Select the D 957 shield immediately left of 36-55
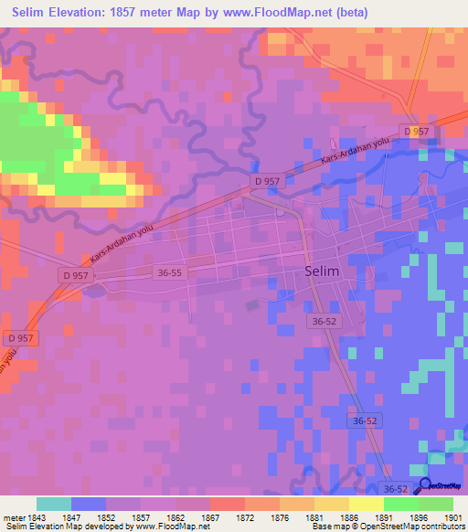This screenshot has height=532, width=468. [x=78, y=274]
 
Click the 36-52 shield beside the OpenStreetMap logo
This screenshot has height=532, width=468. [x=394, y=491]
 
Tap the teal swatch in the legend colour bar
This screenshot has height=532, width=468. [x=54, y=504]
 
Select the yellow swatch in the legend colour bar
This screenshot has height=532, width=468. [x=367, y=504]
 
